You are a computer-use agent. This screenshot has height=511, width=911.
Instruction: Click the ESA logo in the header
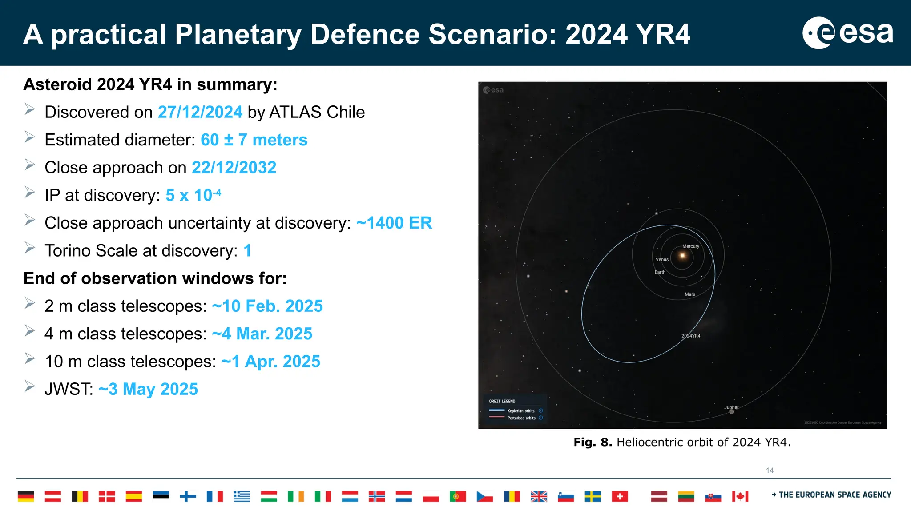point(847,33)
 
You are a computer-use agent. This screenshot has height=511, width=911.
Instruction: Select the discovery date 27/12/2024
point(200,112)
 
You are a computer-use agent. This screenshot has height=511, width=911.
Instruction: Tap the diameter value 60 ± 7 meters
point(254,140)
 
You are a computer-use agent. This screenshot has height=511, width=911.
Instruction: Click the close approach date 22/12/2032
point(234,168)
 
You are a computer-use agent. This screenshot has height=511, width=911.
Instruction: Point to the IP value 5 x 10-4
point(193,195)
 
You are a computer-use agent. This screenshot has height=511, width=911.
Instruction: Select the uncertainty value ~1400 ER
point(394,223)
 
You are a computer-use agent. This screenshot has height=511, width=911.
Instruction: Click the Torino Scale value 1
point(247,251)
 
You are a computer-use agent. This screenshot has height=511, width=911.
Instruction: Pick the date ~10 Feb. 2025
point(267,306)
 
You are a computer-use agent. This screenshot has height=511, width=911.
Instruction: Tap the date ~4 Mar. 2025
point(262,334)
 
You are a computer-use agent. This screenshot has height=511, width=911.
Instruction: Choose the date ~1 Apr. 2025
point(270,362)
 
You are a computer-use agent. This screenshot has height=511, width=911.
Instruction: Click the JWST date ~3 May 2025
point(148,389)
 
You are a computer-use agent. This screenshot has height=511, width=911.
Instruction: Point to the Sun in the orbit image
point(682,256)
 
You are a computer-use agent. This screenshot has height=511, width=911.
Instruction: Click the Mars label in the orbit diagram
point(690,294)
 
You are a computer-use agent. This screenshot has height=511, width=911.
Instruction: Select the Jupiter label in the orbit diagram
point(731,407)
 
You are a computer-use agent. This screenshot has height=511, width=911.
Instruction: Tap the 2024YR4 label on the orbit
point(691,336)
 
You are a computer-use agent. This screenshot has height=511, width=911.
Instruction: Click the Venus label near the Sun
point(662,259)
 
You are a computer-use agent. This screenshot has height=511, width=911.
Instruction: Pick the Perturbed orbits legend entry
point(521,418)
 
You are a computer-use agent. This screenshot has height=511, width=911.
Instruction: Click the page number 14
point(770,471)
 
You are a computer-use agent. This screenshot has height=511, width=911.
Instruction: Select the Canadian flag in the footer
point(740,496)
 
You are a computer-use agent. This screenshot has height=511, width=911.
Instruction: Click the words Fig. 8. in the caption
point(593,442)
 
